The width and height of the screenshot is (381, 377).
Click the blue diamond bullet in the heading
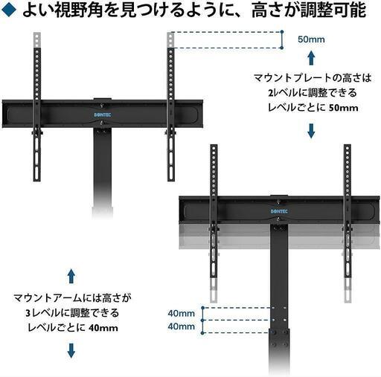[9, 10]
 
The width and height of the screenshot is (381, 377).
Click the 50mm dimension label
[311, 39]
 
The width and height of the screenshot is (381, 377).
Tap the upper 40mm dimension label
[182, 313]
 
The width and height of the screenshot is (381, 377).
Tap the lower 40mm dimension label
[182, 326]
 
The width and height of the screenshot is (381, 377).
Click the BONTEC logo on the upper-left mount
[103, 115]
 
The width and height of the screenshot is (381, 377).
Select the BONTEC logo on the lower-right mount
[279, 211]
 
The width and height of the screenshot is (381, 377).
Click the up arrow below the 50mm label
[311, 58]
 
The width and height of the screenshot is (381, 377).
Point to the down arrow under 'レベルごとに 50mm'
[311, 131]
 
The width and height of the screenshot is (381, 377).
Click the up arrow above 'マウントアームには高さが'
[71, 276]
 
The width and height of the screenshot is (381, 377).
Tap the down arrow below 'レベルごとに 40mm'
[71, 350]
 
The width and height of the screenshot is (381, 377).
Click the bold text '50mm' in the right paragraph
[344, 108]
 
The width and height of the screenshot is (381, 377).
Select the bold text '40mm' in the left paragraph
[103, 328]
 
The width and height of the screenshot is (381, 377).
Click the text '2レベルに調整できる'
[313, 93]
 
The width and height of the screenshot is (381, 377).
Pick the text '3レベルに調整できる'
[72, 313]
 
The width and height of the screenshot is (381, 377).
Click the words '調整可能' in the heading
[333, 10]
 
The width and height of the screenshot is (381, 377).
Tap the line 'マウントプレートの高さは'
[313, 78]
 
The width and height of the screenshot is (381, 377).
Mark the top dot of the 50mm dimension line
[282, 32]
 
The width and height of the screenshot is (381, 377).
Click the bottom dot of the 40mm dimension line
[203, 333]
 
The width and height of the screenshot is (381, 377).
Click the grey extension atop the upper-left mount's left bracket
[37, 40]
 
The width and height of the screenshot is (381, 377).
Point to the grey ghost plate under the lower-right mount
[279, 236]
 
